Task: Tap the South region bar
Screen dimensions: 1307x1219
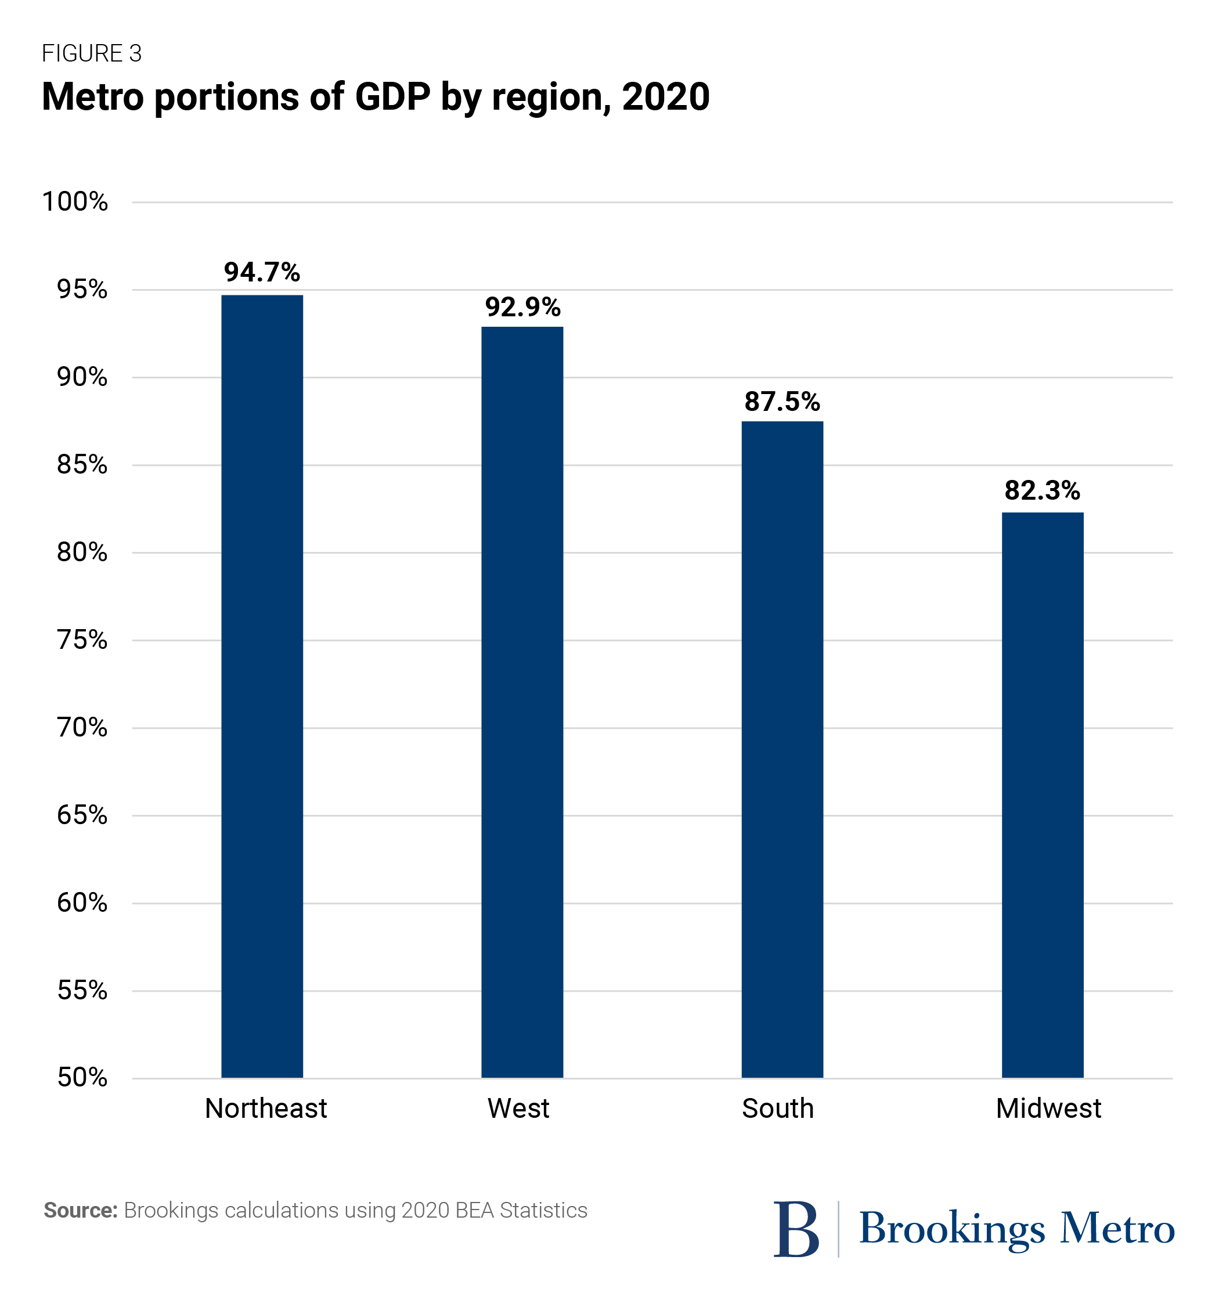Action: click(782, 749)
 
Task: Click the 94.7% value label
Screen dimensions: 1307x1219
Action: click(262, 272)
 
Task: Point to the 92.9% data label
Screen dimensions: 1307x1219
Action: click(522, 307)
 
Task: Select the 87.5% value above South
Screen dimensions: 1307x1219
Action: click(782, 402)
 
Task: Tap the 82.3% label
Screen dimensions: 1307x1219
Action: click(1042, 490)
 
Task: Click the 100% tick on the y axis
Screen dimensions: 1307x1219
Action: click(75, 202)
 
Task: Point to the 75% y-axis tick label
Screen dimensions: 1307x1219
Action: click(82, 640)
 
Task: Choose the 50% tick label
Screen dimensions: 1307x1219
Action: click(82, 1078)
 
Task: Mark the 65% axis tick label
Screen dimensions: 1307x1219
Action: click(82, 815)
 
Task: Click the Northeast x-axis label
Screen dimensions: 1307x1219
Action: click(266, 1109)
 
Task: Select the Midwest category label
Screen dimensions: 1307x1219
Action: click(1048, 1109)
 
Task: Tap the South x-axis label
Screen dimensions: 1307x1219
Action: click(778, 1109)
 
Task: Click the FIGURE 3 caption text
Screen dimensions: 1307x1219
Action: click(91, 53)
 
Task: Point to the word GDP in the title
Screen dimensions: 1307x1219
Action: click(392, 97)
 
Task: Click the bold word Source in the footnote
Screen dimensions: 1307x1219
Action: click(80, 1210)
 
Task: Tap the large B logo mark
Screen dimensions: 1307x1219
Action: click(796, 1229)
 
